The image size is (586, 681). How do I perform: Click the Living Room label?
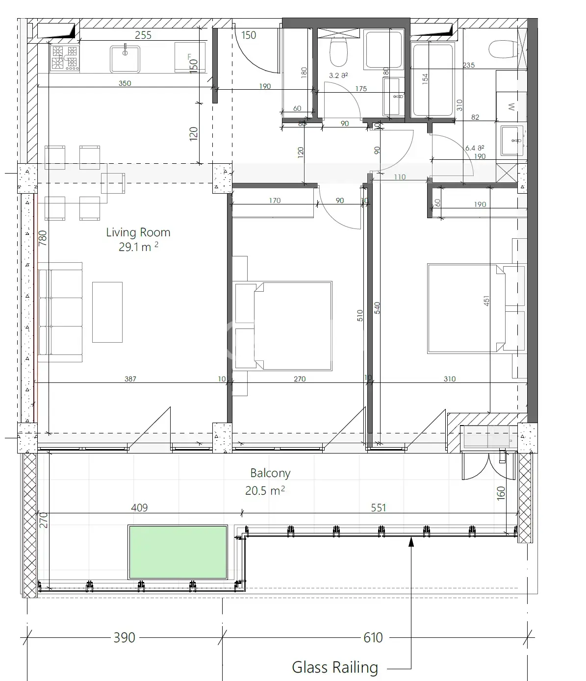pos(138,232)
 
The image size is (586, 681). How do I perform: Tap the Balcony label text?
pos(270,474)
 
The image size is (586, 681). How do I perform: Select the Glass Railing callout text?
pos(335,667)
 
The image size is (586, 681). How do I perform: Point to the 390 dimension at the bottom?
pos(124,638)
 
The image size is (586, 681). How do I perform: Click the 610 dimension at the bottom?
pos(373,638)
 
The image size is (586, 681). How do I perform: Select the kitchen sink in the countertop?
pos(125,59)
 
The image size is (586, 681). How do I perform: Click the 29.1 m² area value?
pos(138,247)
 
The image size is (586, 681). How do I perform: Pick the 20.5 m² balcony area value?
pos(265,491)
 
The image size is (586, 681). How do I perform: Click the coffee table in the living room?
pos(107,312)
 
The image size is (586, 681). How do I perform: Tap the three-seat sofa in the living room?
pos(60,312)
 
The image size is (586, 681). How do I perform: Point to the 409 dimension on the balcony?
pos(139,508)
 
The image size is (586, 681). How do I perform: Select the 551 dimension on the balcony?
pos(379,508)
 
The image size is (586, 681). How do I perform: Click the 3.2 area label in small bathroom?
pos(338,76)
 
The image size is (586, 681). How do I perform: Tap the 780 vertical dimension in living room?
pos(43,238)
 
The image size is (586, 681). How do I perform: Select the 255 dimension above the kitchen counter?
pos(143,35)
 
